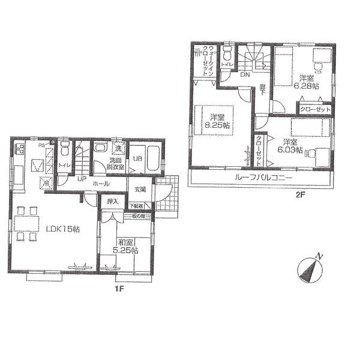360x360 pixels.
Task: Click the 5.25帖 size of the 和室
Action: tap(126, 250)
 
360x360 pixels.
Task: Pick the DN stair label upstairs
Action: tap(245, 76)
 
